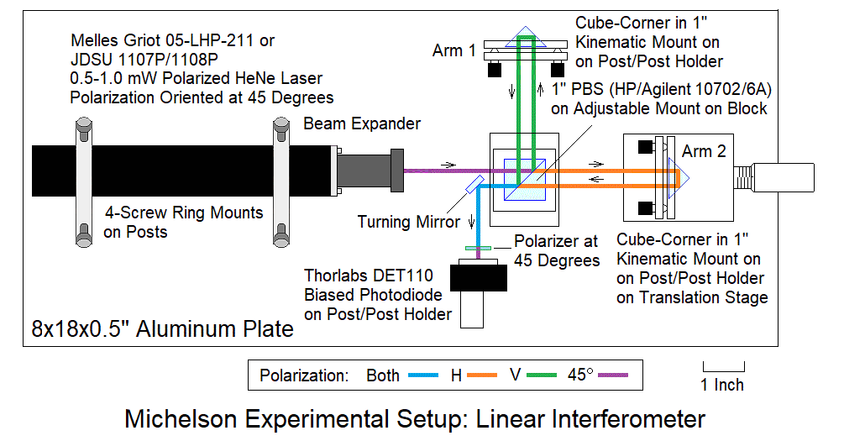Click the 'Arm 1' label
(454, 50)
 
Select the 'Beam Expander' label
(362, 123)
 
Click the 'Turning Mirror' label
(409, 223)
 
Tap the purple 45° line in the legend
(612, 375)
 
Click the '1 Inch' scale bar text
(723, 386)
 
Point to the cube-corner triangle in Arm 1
(525, 39)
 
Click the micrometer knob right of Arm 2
(785, 176)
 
